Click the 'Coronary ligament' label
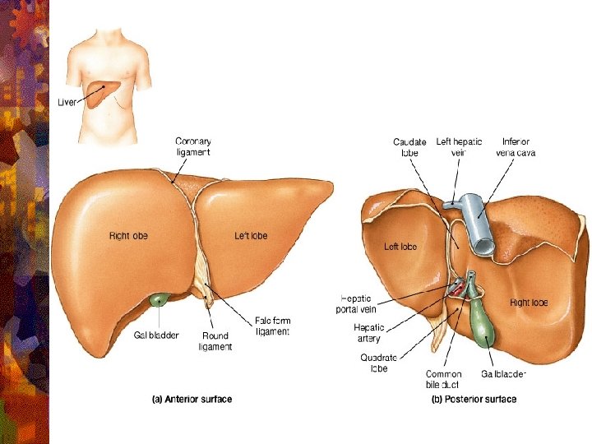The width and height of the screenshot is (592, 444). point(194,146)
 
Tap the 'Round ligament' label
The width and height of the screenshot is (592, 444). point(216,341)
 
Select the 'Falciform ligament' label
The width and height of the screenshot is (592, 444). point(272,326)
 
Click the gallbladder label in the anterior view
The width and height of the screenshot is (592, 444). point(156,335)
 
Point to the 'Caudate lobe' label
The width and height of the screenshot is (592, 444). point(409,147)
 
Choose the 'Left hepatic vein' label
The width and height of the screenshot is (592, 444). point(459,147)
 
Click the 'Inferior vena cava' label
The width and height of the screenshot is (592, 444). point(516,147)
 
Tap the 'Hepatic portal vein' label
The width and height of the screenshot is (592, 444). point(356,303)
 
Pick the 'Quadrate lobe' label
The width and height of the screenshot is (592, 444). point(379,363)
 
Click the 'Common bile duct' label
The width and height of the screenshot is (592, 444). point(443,378)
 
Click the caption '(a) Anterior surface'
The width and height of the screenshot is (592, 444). point(192,400)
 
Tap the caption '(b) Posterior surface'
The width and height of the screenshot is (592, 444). point(474,400)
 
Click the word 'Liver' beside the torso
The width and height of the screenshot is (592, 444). point(67,102)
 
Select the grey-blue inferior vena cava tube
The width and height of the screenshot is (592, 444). point(478,222)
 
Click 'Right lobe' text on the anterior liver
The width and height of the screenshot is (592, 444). point(129,236)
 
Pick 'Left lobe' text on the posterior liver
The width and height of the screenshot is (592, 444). point(400,247)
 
